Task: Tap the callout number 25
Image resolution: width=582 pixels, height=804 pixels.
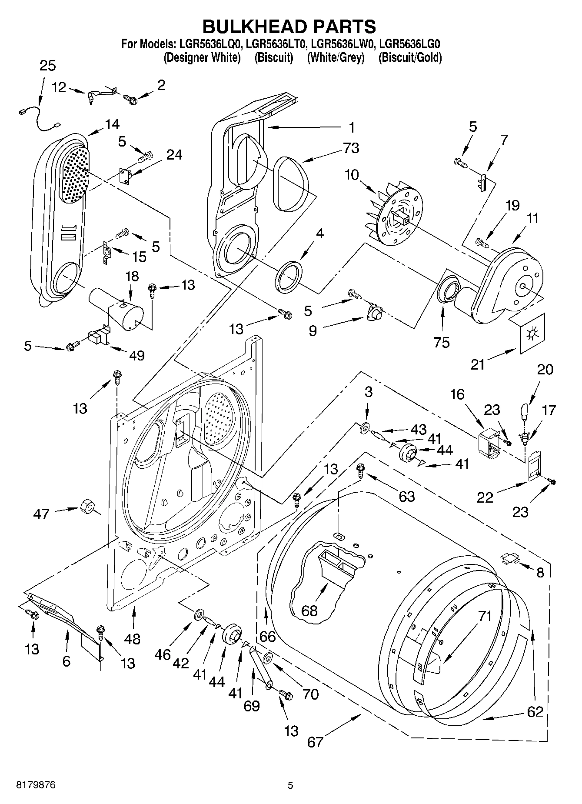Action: pos(48,67)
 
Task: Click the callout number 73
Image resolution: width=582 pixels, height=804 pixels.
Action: pos(351,148)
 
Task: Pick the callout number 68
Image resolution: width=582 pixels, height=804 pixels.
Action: pos(309,611)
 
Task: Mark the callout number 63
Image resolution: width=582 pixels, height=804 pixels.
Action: pos(407,496)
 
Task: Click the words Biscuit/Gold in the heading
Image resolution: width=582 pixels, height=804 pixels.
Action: pos(410,57)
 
